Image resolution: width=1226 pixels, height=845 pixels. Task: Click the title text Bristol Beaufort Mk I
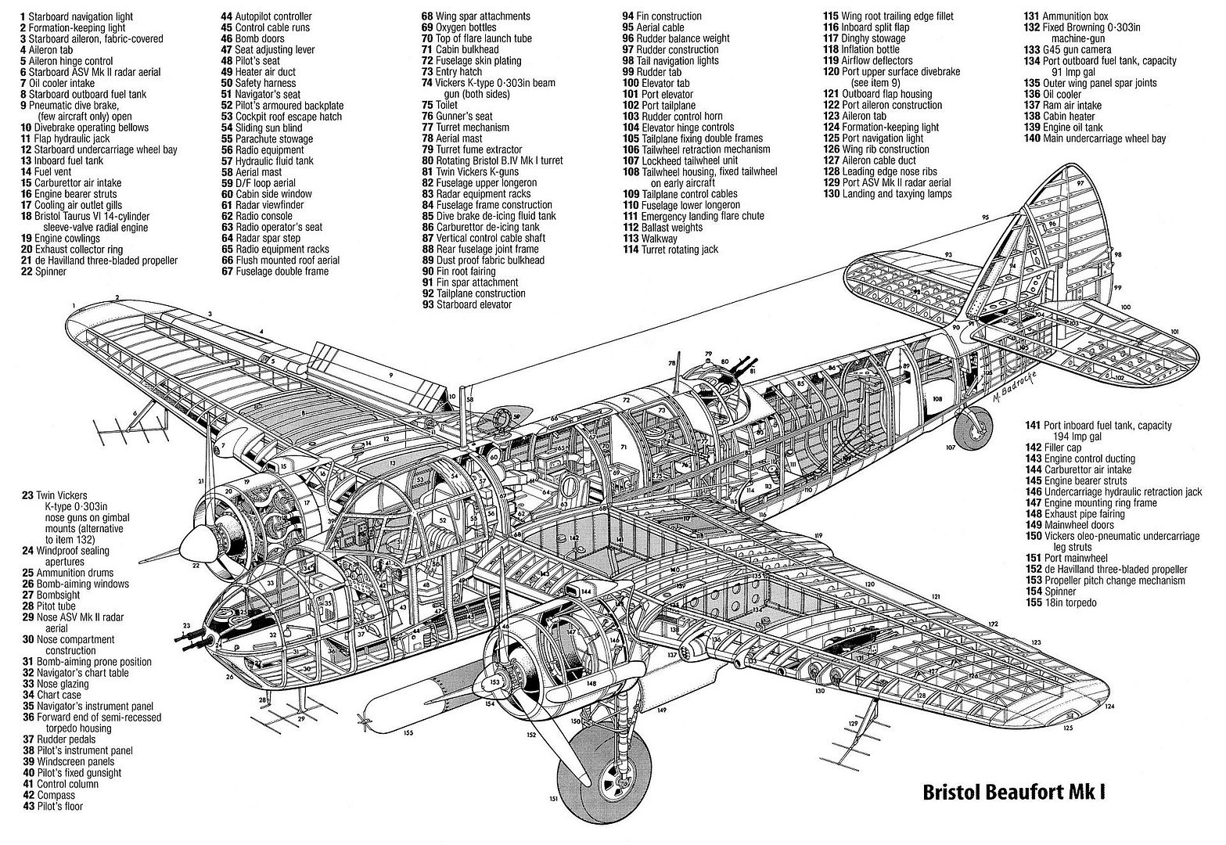[1014, 792]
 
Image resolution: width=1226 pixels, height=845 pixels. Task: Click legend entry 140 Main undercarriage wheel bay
[1095, 138]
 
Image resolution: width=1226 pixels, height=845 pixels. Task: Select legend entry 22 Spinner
[45, 271]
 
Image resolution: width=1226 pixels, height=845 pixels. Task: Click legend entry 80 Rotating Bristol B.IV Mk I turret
[501, 160]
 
